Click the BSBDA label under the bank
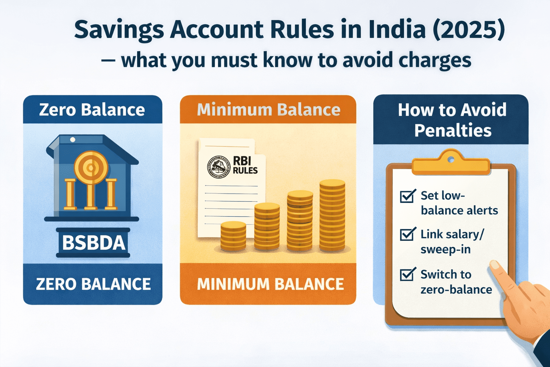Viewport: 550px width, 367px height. point(94,243)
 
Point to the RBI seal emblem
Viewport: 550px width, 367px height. point(218,167)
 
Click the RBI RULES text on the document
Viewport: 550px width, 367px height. point(245,165)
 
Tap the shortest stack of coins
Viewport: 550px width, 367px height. point(233,236)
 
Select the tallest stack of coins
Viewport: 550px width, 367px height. point(332,215)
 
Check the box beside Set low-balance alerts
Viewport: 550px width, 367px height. point(407,196)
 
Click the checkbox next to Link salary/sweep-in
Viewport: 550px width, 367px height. point(407,234)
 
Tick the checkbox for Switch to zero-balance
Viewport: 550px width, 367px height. point(407,274)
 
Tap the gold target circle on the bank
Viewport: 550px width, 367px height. point(91,167)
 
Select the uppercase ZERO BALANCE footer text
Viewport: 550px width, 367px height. point(93,284)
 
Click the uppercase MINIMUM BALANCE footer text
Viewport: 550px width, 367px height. point(270,284)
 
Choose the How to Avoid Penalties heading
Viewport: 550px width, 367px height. point(452,120)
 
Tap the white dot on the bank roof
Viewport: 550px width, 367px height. point(73,139)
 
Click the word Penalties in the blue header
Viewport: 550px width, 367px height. point(453,130)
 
